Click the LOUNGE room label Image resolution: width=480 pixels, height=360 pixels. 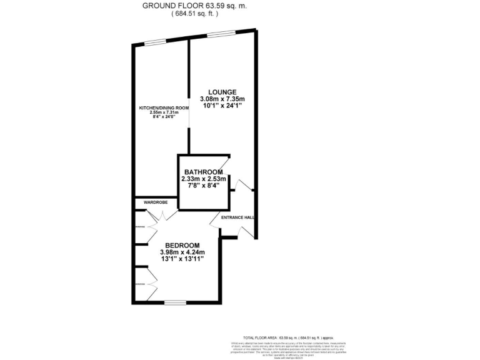222,92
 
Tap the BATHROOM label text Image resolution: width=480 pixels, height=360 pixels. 203,172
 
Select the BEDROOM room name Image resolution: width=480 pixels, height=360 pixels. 182,245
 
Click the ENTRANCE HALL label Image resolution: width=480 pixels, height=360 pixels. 237,217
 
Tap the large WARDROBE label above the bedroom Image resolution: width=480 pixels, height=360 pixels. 154,202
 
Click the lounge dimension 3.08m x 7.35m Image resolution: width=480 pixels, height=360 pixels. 222,99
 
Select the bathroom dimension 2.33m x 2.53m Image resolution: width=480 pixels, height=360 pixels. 203,179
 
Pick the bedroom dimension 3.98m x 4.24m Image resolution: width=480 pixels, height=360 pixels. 182,252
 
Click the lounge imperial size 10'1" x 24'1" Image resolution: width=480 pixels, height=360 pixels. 222,106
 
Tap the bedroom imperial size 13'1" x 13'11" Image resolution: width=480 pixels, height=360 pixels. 182,259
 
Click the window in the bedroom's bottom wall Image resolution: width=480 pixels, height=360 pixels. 174,302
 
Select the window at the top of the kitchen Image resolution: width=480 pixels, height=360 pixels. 156,42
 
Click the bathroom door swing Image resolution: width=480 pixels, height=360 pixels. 226,164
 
